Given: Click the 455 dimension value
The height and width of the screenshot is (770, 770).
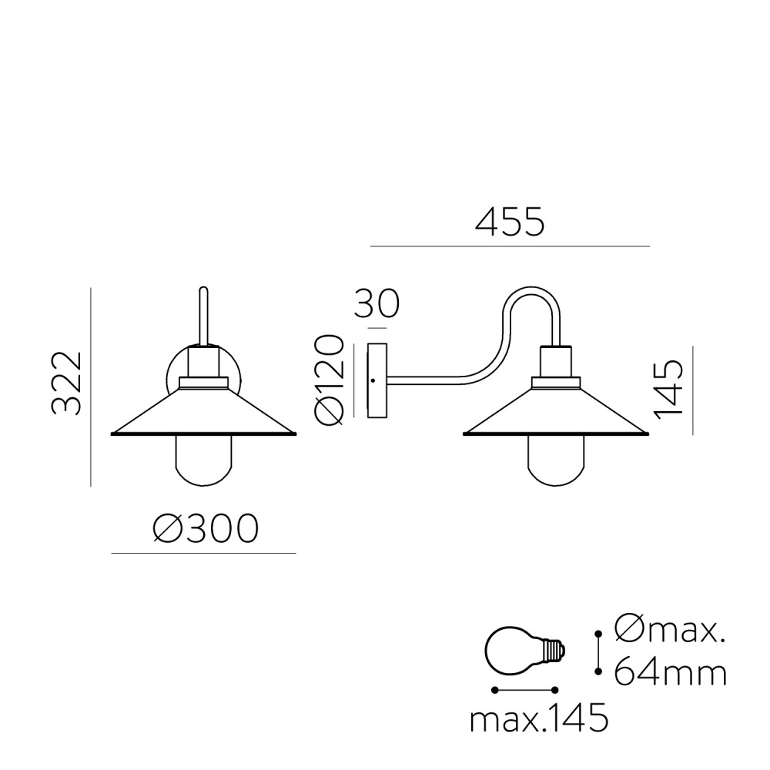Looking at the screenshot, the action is [x=510, y=222].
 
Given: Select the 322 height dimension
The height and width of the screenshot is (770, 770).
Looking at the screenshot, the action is [x=67, y=383].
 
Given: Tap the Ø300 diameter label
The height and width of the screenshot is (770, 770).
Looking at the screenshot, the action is [x=206, y=528].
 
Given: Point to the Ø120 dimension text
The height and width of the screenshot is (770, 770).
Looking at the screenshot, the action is [x=329, y=380].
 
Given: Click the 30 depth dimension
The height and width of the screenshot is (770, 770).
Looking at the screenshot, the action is [x=377, y=303].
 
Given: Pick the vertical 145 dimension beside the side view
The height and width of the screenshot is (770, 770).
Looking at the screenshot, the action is [x=669, y=390].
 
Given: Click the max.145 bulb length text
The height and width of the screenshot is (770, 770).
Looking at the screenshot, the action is [x=539, y=721].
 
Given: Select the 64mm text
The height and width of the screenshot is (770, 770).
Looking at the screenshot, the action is [x=671, y=672].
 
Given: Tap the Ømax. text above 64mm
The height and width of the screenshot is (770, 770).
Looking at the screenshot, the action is [x=670, y=630].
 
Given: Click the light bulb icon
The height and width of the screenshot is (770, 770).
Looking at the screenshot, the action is [x=525, y=652].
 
